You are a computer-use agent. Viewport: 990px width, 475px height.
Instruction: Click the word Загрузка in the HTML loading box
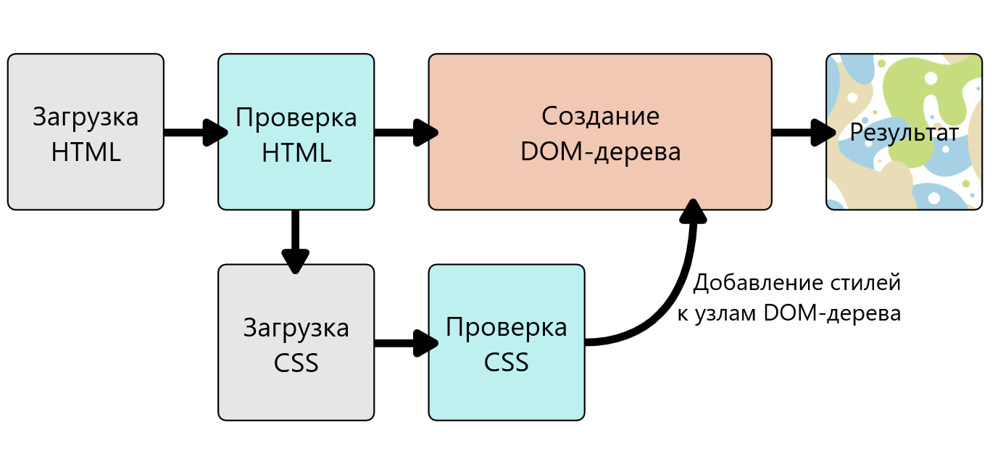(86, 117)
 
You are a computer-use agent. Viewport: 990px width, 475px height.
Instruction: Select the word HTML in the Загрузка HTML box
(86, 152)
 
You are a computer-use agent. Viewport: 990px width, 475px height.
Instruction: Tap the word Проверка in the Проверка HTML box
(296, 117)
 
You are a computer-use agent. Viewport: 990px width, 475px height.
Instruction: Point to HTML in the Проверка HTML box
(296, 152)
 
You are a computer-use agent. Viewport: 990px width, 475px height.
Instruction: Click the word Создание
(600, 116)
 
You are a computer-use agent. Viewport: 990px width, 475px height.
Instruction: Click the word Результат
(904, 133)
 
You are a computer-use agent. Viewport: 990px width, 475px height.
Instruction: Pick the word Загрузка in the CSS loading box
(296, 328)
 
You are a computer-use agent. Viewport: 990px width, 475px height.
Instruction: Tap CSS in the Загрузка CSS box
(296, 363)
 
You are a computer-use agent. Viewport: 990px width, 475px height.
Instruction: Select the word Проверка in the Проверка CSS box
(507, 327)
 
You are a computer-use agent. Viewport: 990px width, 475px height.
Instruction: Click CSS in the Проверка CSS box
(507, 362)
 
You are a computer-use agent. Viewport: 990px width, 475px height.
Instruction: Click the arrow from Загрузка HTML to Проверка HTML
(192, 133)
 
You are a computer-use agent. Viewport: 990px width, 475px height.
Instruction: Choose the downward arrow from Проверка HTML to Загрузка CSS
(295, 239)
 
